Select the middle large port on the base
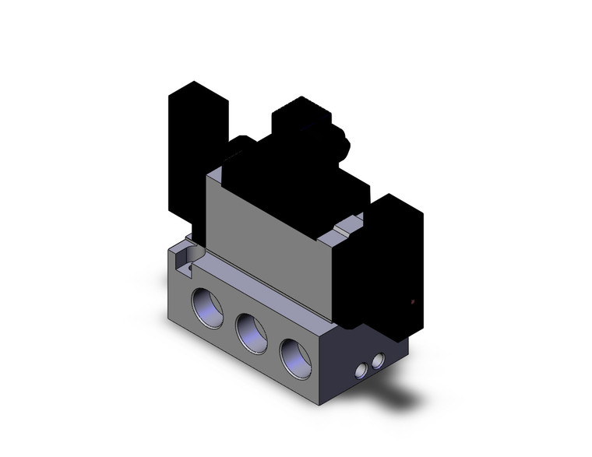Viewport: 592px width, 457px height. (x=252, y=329)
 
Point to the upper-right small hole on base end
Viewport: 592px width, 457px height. (x=379, y=360)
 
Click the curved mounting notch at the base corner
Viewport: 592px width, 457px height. (x=183, y=254)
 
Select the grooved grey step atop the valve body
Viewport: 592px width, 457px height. (x=348, y=230)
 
